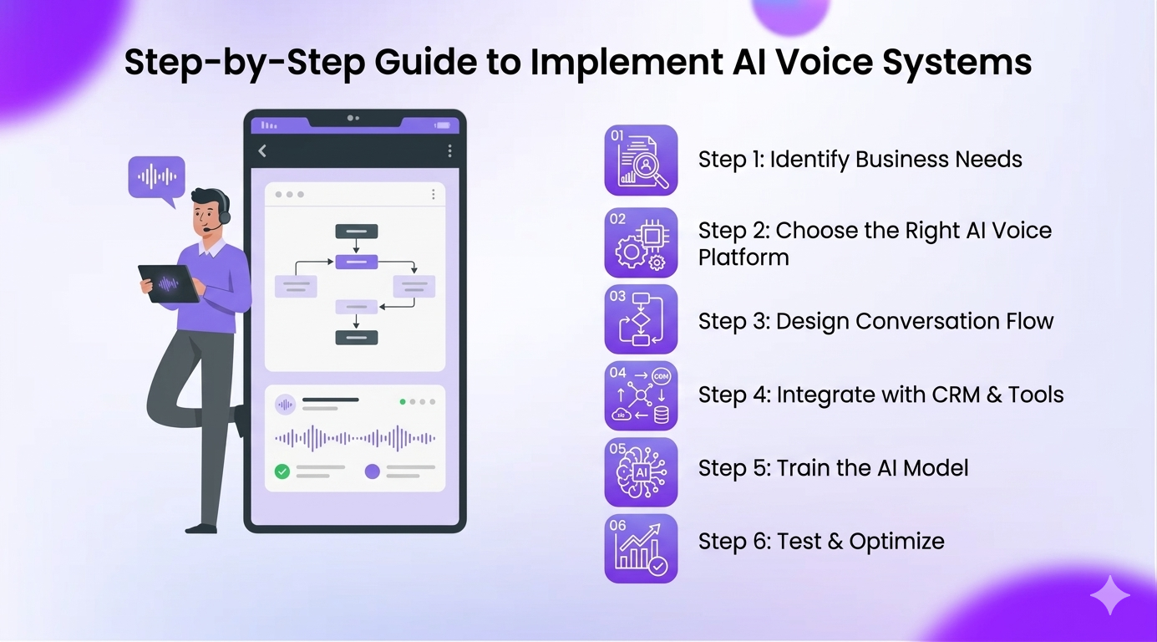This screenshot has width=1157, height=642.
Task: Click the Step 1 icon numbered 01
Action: click(x=641, y=160)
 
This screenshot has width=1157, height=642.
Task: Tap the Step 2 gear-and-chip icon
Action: click(x=641, y=242)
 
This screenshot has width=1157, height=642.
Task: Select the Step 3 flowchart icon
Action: click(x=641, y=319)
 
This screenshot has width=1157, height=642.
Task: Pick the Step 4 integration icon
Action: click(x=641, y=395)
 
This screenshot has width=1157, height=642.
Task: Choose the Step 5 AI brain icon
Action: click(x=641, y=471)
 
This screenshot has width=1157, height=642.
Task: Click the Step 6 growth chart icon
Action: click(x=641, y=548)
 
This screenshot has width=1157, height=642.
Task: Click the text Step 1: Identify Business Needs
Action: click(x=860, y=160)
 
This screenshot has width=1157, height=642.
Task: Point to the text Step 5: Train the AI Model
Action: click(x=833, y=468)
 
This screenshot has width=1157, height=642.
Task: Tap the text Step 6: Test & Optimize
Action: click(x=821, y=542)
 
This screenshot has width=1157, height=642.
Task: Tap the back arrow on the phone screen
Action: click(x=262, y=150)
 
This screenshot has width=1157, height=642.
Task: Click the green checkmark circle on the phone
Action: click(x=282, y=471)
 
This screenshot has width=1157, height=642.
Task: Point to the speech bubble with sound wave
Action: click(x=156, y=177)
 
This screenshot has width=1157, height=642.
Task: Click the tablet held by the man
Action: click(x=170, y=283)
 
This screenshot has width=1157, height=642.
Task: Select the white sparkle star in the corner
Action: click(x=1109, y=595)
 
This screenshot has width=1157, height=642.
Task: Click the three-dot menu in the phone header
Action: click(x=449, y=150)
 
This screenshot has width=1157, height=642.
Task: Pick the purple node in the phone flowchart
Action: click(x=357, y=262)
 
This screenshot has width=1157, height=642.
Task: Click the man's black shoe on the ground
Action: click(x=201, y=527)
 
